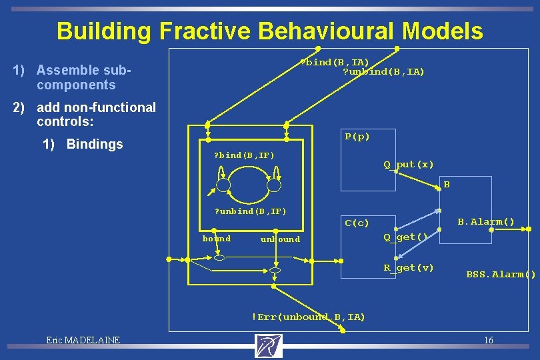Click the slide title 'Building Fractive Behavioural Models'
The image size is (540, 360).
click(x=269, y=31)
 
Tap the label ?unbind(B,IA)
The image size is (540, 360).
click(x=383, y=72)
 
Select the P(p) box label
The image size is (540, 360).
click(x=357, y=137)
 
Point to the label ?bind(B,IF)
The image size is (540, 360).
click(x=243, y=155)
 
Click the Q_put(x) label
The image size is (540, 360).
click(x=408, y=164)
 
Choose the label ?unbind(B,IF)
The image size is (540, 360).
click(x=249, y=211)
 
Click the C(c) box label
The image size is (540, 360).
click(x=357, y=223)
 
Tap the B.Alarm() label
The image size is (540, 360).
click(x=486, y=221)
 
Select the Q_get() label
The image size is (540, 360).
click(x=405, y=237)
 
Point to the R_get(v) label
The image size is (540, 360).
click(x=408, y=267)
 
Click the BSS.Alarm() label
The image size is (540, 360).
click(x=501, y=274)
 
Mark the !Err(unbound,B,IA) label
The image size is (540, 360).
click(x=308, y=317)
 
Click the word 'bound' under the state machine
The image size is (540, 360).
click(x=217, y=239)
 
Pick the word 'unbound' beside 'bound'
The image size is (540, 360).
click(x=280, y=239)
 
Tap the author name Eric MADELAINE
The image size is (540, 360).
click(x=83, y=340)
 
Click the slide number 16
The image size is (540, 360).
click(x=489, y=341)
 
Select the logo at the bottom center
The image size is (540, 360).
click(x=269, y=345)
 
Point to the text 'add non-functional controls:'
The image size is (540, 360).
click(x=96, y=114)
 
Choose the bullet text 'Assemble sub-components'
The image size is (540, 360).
click(x=83, y=77)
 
